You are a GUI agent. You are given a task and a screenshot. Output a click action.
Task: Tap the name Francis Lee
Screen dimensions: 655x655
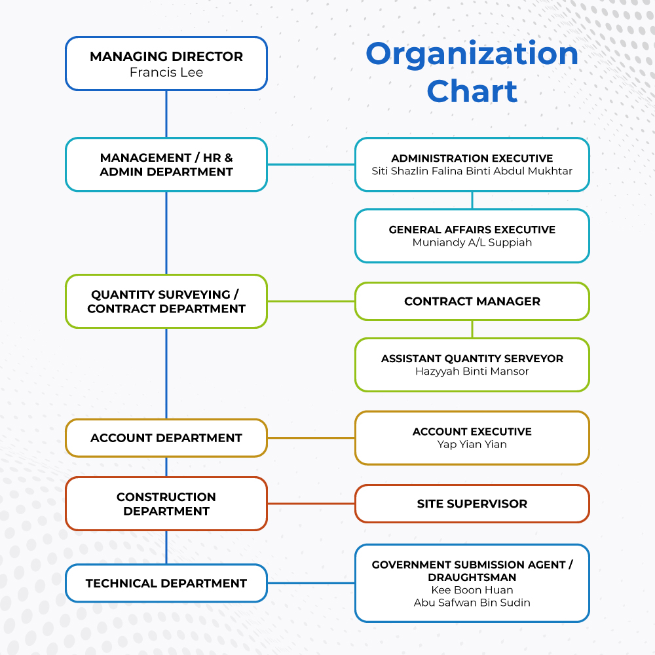click(166, 73)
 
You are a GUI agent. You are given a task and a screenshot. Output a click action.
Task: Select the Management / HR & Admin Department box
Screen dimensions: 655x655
click(166, 164)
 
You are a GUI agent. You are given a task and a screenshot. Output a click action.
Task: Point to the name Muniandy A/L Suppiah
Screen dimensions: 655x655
click(472, 243)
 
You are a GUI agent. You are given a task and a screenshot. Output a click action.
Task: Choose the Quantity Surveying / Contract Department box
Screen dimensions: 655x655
click(166, 301)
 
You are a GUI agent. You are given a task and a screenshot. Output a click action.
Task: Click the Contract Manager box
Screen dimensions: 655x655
click(472, 301)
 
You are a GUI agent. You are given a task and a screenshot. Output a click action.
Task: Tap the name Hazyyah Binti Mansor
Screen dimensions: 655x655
click(472, 371)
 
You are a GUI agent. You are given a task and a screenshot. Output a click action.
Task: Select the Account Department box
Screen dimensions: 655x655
click(166, 438)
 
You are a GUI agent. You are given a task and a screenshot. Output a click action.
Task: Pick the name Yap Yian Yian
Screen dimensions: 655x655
click(472, 445)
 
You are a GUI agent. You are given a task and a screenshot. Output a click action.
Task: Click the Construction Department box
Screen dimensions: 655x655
click(166, 504)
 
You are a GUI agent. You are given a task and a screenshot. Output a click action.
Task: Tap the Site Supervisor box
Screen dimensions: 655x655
click(472, 504)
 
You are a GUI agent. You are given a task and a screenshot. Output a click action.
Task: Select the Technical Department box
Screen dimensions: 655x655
click(166, 583)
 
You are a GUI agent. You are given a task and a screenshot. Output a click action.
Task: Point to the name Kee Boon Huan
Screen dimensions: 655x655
click(472, 590)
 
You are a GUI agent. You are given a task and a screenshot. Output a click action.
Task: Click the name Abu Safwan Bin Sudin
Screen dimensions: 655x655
click(472, 603)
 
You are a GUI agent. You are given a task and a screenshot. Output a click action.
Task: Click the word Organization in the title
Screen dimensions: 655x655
click(472, 54)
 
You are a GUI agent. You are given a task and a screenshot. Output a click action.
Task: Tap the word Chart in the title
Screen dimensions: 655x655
click(472, 91)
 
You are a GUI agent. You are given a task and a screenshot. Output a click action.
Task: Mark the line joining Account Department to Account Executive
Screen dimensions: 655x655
click(311, 438)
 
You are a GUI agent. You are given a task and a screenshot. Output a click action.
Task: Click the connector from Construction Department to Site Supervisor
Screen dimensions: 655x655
click(311, 504)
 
